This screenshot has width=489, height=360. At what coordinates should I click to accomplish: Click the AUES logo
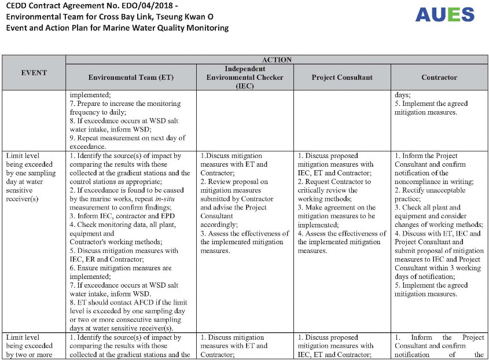[x=444, y=15]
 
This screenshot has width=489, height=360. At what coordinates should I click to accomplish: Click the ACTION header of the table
[x=277, y=60]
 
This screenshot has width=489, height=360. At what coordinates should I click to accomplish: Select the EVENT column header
[x=34, y=73]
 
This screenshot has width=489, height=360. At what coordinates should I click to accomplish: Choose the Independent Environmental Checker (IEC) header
[x=244, y=77]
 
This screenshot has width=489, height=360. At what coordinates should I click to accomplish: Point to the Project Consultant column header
[x=342, y=77]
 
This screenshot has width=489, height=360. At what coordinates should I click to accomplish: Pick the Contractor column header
[x=439, y=77]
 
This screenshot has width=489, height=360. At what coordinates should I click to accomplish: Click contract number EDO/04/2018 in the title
[x=135, y=6]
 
